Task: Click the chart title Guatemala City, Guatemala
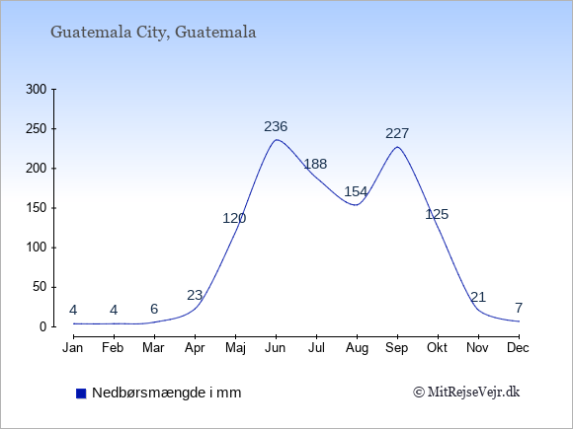[x=153, y=33]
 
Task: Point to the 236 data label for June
[x=276, y=126]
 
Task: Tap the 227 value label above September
[x=397, y=133]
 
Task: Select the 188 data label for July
[x=315, y=164]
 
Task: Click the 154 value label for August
[x=356, y=191]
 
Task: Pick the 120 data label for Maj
[x=234, y=219]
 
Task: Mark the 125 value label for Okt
[x=437, y=214]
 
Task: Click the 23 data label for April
[x=195, y=295]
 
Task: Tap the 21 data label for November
[x=478, y=297]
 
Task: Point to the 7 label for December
[x=519, y=308]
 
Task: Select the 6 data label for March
[x=154, y=309]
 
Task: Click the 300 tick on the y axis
[x=37, y=90]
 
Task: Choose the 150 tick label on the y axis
[x=37, y=208]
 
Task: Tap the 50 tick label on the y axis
[x=40, y=287]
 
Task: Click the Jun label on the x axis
[x=276, y=348]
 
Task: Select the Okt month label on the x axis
[x=437, y=348]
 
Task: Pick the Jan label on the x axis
[x=73, y=348]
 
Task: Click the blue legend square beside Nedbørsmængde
[x=81, y=393]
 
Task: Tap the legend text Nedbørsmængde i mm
[x=167, y=393]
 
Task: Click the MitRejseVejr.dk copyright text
[x=466, y=393]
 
